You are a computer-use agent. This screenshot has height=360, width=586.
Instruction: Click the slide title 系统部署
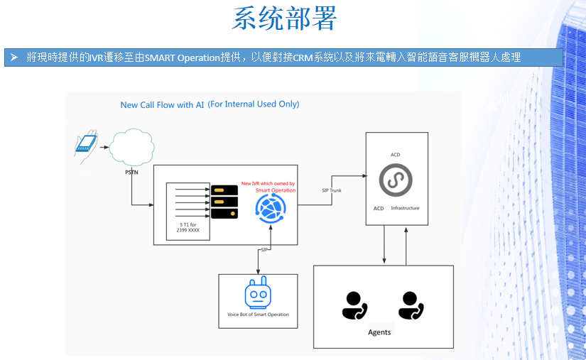coord(283,19)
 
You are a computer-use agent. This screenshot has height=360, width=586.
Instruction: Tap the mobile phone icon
coord(87,143)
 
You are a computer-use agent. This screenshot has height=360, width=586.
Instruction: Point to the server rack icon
coord(224,202)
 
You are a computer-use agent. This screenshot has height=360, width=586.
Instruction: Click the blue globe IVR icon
coord(270,209)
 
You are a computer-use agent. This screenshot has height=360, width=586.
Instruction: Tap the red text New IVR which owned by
coord(268,183)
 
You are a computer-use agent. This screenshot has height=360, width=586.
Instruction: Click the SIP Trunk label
coord(332,190)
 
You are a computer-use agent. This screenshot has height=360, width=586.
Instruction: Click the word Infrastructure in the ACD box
coord(406,208)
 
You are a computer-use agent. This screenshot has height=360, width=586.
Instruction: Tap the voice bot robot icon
coord(257,295)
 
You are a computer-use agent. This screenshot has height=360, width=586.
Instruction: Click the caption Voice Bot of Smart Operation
coord(258,315)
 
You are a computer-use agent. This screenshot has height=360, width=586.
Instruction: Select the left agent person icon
coord(354,305)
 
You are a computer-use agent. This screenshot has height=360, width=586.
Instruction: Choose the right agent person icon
coord(411,305)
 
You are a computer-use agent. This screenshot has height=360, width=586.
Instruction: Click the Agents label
coord(379,332)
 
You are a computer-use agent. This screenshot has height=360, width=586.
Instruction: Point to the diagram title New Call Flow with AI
coord(162,105)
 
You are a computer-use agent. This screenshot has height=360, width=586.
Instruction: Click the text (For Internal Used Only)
coord(254,104)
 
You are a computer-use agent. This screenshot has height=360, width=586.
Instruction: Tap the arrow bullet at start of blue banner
coord(13,57)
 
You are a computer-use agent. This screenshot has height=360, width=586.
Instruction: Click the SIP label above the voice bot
coord(264,250)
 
